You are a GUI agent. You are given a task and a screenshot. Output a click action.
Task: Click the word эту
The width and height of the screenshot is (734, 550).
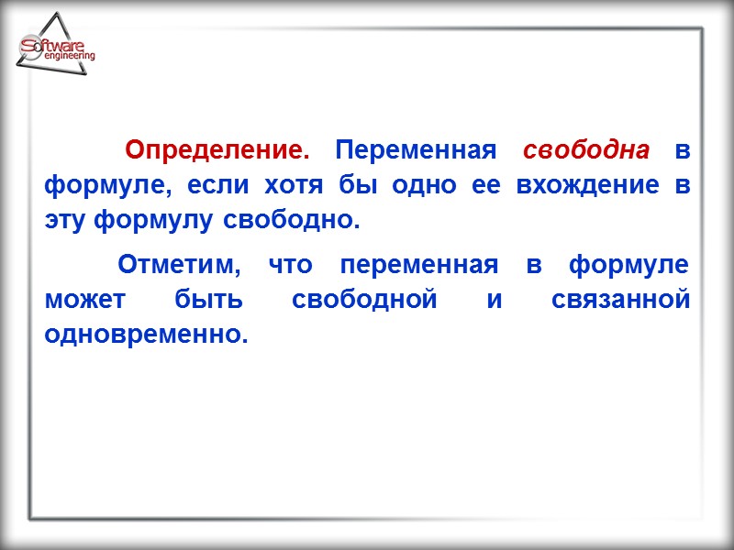(65, 221)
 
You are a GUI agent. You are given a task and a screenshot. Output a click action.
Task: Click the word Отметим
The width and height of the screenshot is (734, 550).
(180, 266)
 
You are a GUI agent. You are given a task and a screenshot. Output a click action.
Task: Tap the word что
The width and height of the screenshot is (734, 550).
(290, 266)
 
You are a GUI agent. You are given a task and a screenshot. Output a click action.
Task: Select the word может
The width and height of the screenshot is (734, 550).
(83, 301)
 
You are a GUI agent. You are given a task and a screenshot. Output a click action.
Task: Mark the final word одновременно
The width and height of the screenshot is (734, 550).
(146, 335)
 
